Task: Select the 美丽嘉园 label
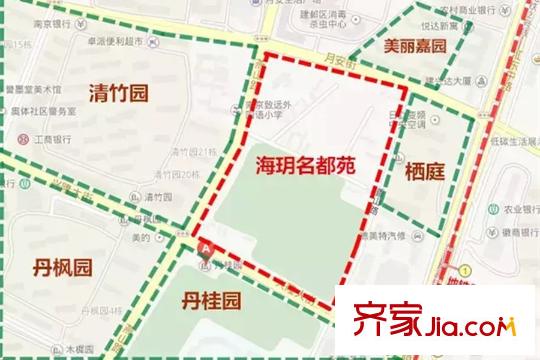click(x=416, y=45)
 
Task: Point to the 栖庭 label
click(x=424, y=171)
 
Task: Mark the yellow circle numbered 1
click(x=466, y=271)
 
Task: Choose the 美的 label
click(x=141, y=236)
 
